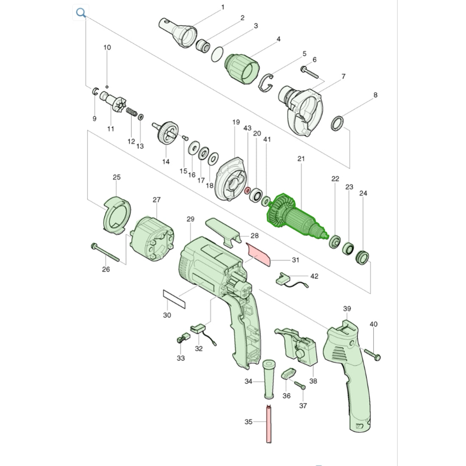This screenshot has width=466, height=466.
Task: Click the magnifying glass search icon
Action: [81, 13]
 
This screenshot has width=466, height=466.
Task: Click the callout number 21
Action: [301, 159]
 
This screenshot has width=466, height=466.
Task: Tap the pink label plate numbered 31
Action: [258, 254]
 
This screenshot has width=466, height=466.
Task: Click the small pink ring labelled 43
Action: [247, 190]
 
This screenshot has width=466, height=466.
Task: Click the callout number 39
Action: [347, 309]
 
